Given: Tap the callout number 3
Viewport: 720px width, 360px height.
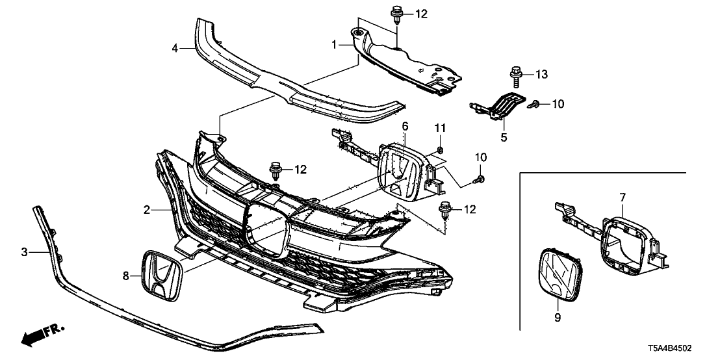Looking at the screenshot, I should pyautogui.click(x=24, y=251).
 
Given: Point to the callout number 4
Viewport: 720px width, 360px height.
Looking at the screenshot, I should pyautogui.click(x=175, y=47).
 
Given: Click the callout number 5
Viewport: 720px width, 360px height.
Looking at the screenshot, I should pyautogui.click(x=502, y=137).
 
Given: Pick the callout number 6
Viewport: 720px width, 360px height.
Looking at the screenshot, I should pyautogui.click(x=404, y=125).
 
